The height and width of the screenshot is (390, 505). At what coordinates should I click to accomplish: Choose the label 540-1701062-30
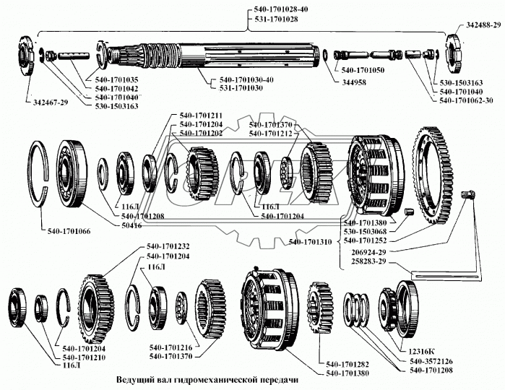(x=469, y=101)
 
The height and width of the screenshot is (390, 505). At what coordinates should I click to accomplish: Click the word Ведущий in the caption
(x=136, y=379)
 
